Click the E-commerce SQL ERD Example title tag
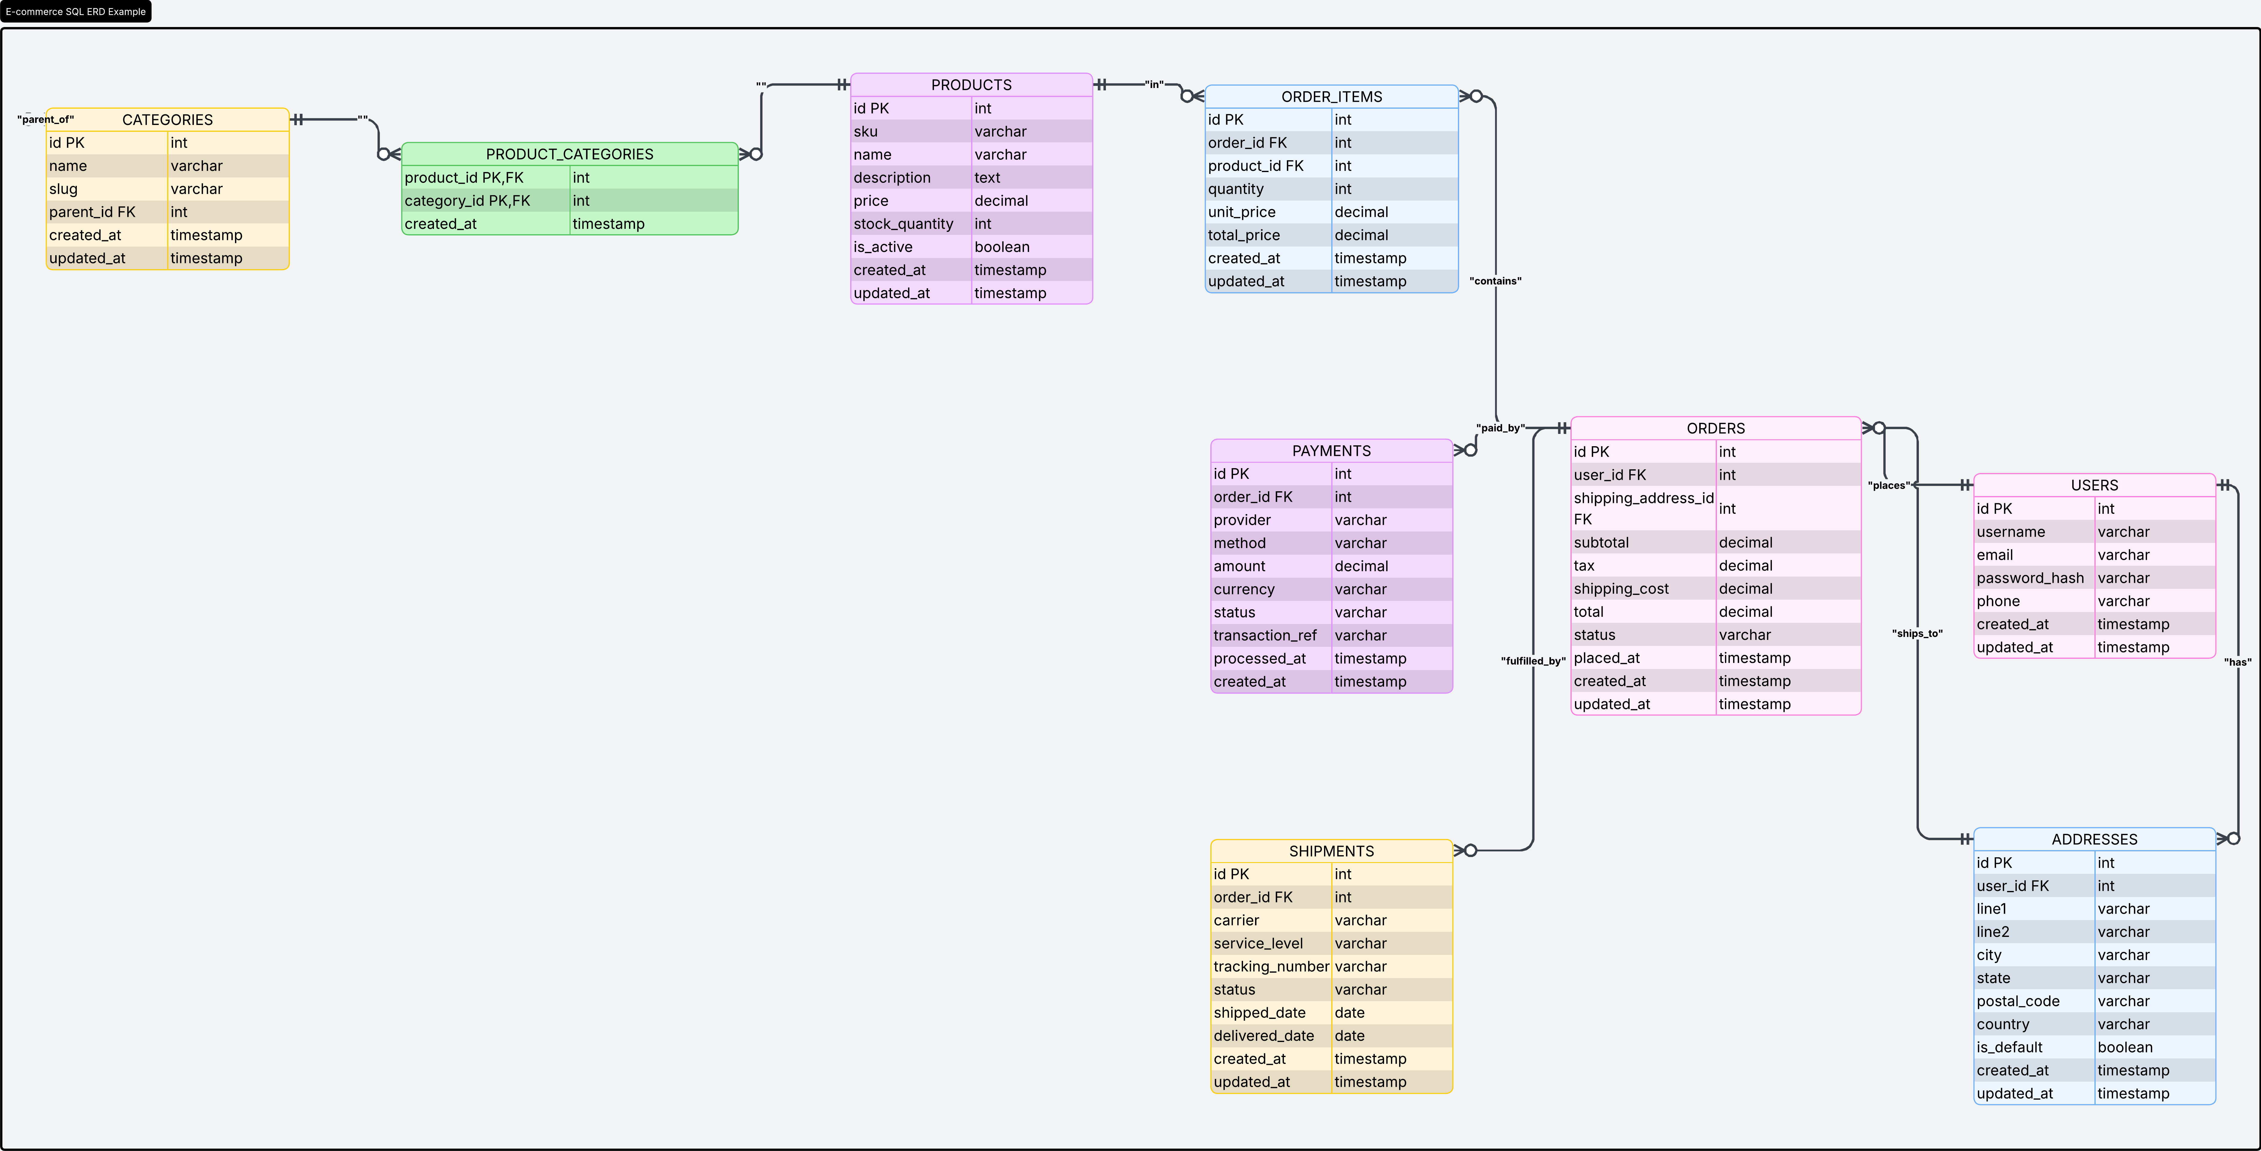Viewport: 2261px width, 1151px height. pos(76,11)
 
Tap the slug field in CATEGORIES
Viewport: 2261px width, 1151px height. pos(63,189)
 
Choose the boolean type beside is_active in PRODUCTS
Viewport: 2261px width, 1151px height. pos(1001,247)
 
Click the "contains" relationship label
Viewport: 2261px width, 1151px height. pos(1495,281)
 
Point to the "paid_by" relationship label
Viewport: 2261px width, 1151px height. pos(1500,428)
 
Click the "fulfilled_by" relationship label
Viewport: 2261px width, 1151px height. pos(1533,661)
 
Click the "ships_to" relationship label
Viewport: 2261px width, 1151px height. pos(1917,633)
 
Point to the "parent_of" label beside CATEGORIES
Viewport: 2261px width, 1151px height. pos(46,120)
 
